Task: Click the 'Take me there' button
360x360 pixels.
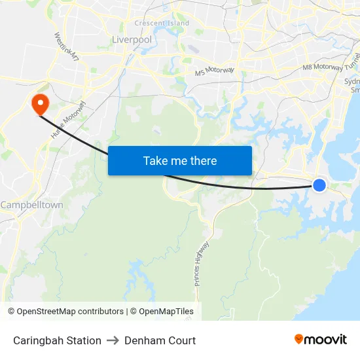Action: [x=180, y=160]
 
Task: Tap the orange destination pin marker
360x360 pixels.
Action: [x=39, y=102]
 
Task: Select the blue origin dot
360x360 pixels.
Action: [x=319, y=185]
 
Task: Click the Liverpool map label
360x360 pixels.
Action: [x=132, y=39]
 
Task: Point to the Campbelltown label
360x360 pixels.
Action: [x=32, y=205]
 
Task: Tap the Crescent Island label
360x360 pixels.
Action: [x=162, y=24]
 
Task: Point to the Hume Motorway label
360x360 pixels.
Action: [x=69, y=119]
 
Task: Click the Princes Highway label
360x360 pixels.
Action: [x=202, y=264]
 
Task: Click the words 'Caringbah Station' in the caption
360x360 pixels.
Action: [x=57, y=340]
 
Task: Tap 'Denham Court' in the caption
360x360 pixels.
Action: [x=160, y=340]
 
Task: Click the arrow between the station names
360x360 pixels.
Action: [x=113, y=340]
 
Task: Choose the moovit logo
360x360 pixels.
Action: [x=320, y=339]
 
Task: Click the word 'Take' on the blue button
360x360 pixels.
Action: [x=155, y=160]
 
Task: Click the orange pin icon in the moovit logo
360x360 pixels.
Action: [x=298, y=339]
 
